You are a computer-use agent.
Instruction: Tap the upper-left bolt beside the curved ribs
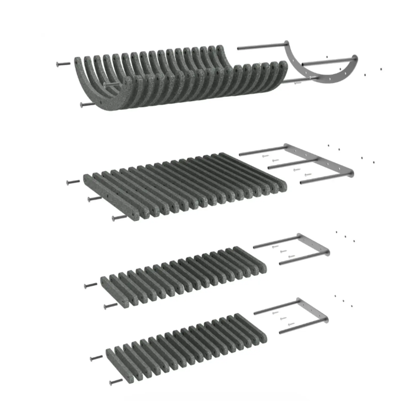63,64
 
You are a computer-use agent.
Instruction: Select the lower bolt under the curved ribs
87,104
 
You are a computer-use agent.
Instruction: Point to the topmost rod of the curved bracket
261,47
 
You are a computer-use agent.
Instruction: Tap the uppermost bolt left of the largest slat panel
73,182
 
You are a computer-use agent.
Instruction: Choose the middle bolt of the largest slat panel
94,198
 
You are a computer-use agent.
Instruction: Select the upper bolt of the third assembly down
90,285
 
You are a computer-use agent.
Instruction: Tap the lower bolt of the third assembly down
110,306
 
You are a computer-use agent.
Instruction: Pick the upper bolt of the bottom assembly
96,358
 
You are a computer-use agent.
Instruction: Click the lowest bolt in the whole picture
116,382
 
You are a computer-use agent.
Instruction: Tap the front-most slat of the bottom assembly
120,365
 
